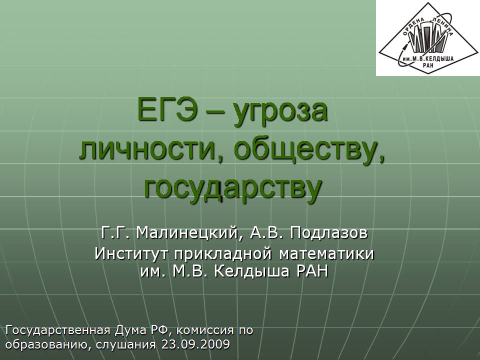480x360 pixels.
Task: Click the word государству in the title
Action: [x=233, y=188]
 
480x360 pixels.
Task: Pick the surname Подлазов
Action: [x=329, y=233]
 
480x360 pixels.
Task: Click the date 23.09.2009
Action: [x=195, y=344]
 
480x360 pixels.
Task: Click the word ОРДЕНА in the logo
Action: [x=413, y=27]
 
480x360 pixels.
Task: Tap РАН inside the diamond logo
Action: [x=428, y=65]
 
